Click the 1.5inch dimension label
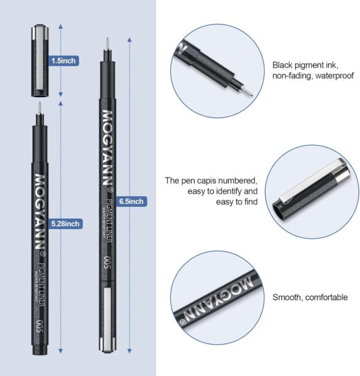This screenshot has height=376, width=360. click(65, 61)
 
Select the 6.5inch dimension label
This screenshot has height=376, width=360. click(131, 201)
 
